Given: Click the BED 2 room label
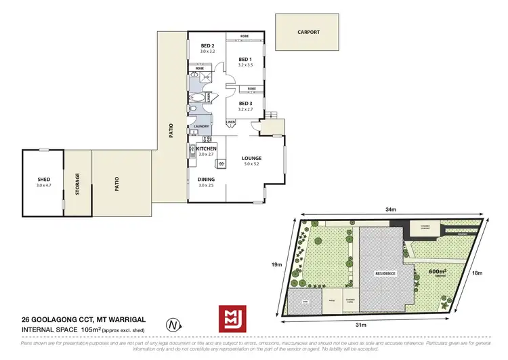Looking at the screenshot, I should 207,45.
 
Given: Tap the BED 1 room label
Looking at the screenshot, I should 245,60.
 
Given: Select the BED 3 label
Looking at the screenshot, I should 245,103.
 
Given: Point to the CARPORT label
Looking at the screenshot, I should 308,32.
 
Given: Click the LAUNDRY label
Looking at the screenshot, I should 201,127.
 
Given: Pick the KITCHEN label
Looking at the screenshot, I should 207,148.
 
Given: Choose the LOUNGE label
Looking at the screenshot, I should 252,159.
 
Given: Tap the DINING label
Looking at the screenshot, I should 207,179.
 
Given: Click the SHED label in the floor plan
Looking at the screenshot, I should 44,179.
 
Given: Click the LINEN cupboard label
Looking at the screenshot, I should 230,122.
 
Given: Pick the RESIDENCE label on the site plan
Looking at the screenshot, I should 385,274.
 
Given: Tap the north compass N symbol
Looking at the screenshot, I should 176,325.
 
